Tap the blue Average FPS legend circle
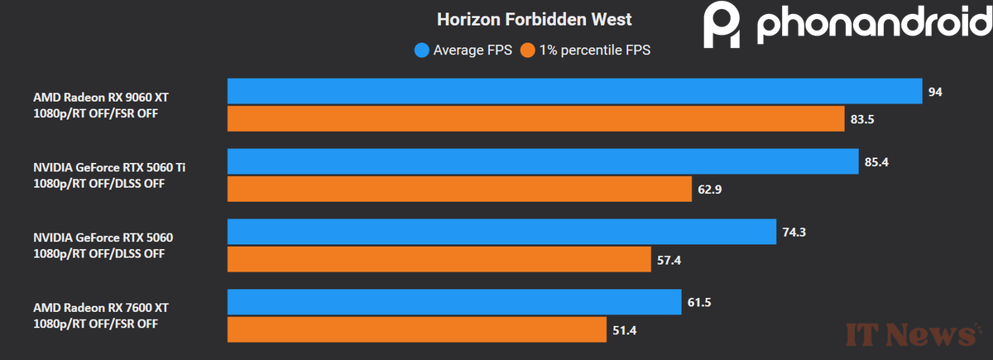[x=422, y=50]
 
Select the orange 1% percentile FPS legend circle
[x=527, y=50]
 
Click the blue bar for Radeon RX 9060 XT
[x=574, y=91]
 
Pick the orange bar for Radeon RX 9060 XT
[x=535, y=119]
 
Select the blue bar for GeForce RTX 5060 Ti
[x=543, y=161]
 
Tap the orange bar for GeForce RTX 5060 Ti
[x=459, y=190]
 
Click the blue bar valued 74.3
[x=501, y=233]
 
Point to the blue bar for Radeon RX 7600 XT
[x=454, y=303]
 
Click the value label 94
[x=935, y=91]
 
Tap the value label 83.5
[x=861, y=119]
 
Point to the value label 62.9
[x=710, y=190]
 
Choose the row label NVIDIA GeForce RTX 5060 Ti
[x=109, y=167]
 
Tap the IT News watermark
[x=910, y=334]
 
